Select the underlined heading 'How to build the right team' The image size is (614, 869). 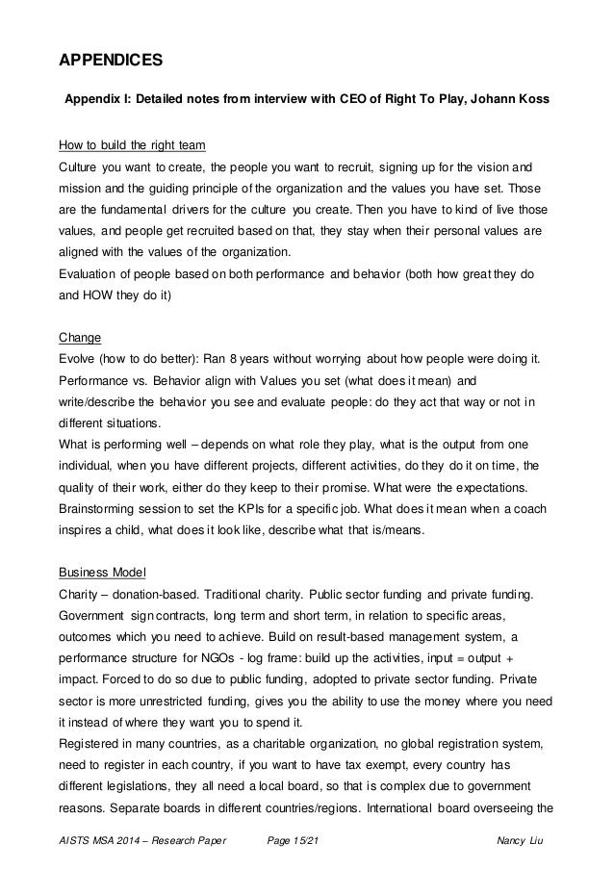point(133,146)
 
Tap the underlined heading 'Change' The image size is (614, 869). point(77,339)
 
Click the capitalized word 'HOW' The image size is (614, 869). point(107,296)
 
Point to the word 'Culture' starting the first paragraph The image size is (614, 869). point(81,167)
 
